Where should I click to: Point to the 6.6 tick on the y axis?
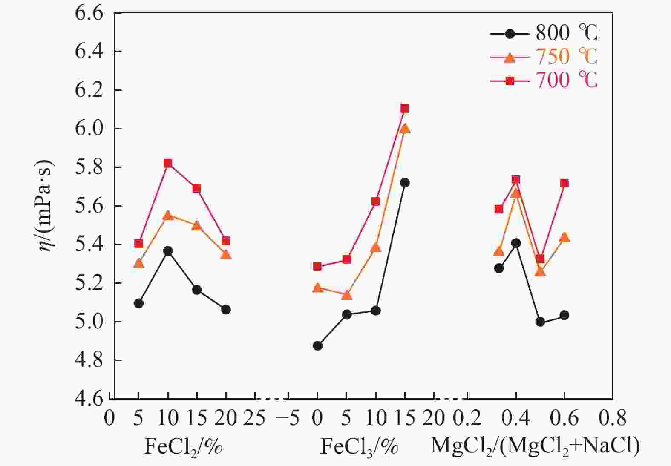coord(89,13)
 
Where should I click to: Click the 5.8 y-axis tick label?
coord(89,167)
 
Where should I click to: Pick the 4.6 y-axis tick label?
coord(89,398)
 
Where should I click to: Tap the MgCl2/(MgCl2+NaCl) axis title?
coord(535,446)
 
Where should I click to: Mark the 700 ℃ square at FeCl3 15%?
coord(405,109)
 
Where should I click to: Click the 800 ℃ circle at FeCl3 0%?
coord(317,345)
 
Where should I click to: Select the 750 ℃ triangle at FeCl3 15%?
coord(405,129)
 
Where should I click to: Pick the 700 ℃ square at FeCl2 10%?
coord(168,164)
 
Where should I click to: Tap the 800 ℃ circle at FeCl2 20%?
coord(226,309)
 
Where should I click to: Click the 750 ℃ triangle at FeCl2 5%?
coord(139,263)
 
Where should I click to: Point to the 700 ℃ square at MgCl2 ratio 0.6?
coord(564,184)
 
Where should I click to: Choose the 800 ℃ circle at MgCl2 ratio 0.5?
coord(540,322)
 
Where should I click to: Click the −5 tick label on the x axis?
coord(288,419)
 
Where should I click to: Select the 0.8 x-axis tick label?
coord(613,419)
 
